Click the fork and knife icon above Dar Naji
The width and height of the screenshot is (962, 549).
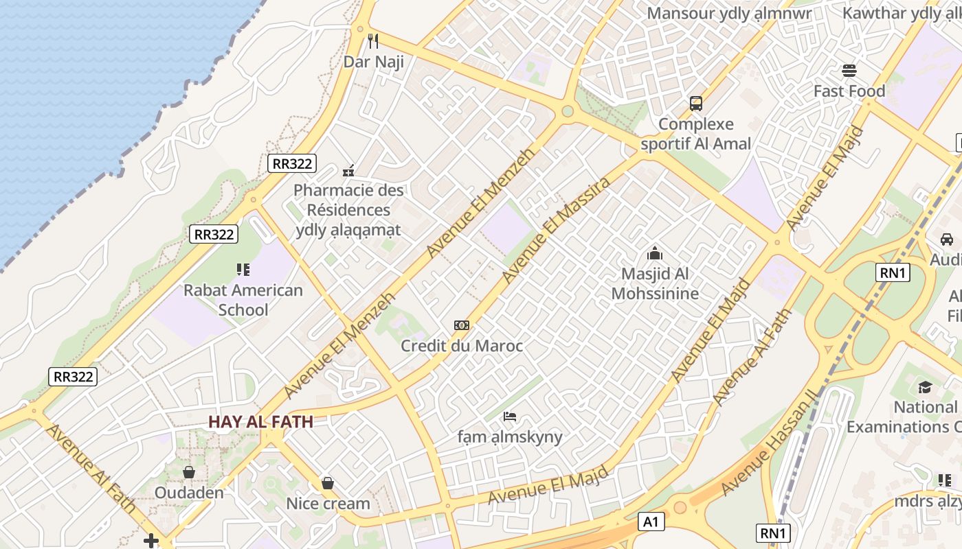373,41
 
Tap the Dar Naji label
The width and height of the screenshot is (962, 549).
373,62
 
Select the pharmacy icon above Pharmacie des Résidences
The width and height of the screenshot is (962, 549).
348,170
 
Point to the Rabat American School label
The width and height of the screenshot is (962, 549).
243,300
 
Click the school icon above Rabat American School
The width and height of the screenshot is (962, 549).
243,270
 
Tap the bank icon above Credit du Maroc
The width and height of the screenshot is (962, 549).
462,325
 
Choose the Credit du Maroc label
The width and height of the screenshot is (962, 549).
462,346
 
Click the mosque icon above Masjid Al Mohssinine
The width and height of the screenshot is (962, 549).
655,253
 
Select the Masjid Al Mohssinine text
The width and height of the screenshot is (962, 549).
655,283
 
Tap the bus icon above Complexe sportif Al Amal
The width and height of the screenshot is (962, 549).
696,104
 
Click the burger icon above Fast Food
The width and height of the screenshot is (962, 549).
849,71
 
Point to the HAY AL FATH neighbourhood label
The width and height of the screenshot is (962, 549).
260,422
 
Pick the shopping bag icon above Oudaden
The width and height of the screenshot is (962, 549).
189,472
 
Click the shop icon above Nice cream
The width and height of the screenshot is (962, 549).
328,483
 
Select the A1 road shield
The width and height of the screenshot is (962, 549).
651,522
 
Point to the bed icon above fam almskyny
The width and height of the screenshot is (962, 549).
510,416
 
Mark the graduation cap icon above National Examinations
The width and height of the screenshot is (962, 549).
925,387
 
